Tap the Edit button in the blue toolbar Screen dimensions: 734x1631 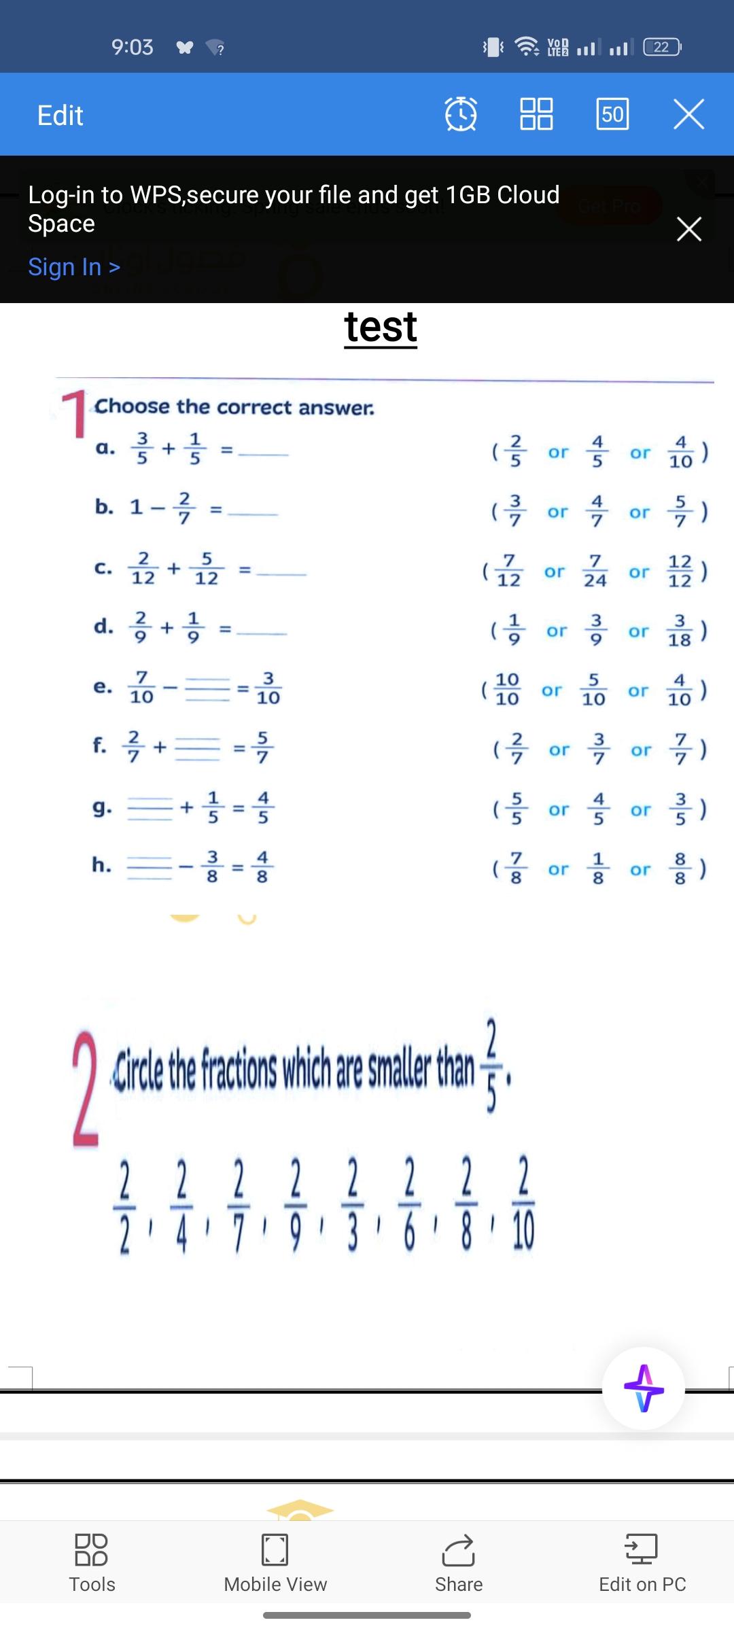(x=60, y=116)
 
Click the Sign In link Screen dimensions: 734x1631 (x=74, y=267)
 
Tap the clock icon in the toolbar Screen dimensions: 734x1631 (x=461, y=113)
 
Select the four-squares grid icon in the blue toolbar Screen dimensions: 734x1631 (x=536, y=113)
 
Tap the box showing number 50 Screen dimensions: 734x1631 (x=612, y=113)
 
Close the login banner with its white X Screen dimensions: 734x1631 (x=689, y=229)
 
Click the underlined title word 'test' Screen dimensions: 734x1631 (x=381, y=328)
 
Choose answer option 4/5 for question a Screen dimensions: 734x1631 (x=597, y=451)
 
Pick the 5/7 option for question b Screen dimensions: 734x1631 (x=680, y=511)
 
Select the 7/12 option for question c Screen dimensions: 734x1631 (x=509, y=571)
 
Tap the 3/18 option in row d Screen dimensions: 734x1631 (x=680, y=631)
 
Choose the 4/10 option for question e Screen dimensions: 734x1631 (x=680, y=690)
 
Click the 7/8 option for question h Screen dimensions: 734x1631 (x=517, y=869)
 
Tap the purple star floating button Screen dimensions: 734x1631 (x=644, y=1388)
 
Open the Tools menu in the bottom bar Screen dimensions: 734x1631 (x=92, y=1563)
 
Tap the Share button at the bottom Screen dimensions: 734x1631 (x=459, y=1563)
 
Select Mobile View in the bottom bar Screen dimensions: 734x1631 (x=275, y=1563)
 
